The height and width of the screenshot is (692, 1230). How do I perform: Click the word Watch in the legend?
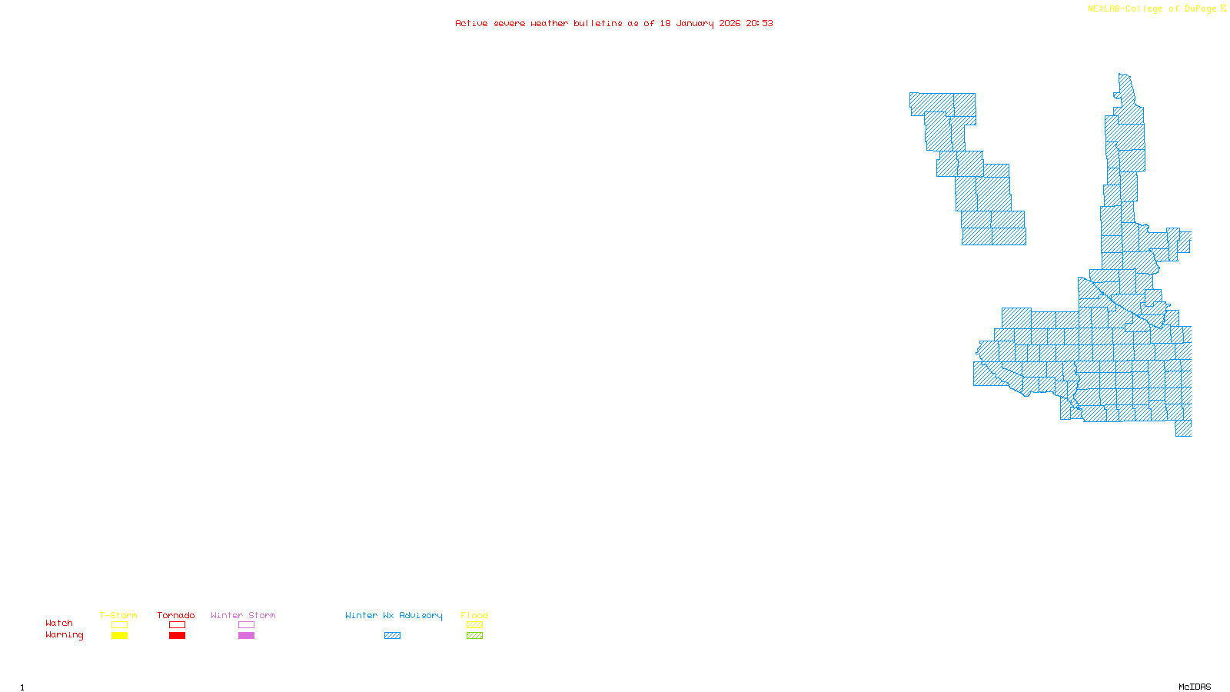59,624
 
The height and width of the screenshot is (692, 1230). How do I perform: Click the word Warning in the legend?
64,635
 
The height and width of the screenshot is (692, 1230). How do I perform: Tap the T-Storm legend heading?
118,615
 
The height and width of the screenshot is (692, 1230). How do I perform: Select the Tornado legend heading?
176,615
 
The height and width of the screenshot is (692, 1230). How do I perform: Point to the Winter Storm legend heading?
243,615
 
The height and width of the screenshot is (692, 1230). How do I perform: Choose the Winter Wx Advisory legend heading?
394,615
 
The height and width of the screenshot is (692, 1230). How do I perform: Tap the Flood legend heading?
474,615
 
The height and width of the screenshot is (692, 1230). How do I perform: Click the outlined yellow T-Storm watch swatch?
119,625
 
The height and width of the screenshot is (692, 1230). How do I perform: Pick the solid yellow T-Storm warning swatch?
119,636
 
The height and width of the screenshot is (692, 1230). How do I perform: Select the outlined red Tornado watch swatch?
177,625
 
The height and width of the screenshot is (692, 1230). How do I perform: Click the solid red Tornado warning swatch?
177,636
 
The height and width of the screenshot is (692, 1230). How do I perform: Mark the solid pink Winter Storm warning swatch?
246,636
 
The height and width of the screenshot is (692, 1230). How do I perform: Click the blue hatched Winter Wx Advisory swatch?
392,636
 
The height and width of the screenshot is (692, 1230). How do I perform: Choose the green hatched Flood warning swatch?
474,636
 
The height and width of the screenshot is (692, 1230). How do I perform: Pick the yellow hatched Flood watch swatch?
474,625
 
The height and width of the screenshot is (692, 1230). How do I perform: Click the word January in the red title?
695,23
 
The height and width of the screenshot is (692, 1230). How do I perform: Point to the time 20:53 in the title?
760,23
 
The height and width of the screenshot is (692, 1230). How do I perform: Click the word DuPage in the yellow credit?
1200,9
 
